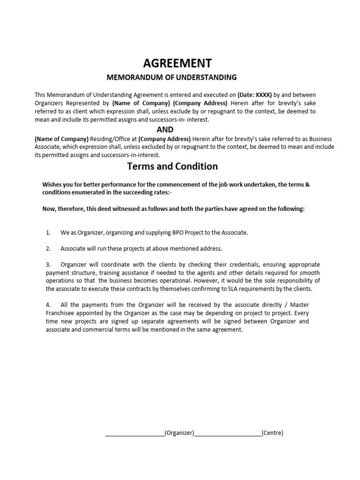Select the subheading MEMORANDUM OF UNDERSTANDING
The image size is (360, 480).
click(x=172, y=77)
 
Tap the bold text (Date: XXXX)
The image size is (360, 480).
click(x=255, y=94)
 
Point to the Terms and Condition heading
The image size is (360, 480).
click(x=172, y=166)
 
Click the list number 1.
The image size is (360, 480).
click(x=48, y=232)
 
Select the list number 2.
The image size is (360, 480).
click(x=48, y=248)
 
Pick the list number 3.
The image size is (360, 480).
click(x=48, y=265)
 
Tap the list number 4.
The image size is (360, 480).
click(x=48, y=305)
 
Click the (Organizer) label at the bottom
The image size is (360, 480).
click(x=180, y=433)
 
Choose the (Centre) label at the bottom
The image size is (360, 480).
click(x=272, y=433)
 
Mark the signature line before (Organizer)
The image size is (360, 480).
click(x=135, y=435)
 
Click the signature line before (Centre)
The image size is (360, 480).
click(x=228, y=435)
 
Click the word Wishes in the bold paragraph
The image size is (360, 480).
click(x=52, y=185)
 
